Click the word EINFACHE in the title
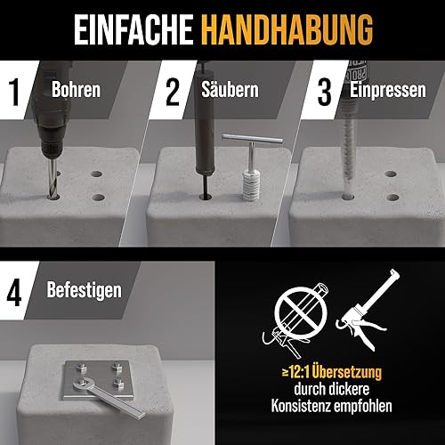coord(133,29)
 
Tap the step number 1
coord(13,92)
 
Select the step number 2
coord(173,92)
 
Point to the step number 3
coord(325,92)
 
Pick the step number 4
coord(14,293)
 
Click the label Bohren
coord(76,89)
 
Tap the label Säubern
coord(230,89)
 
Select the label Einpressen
coord(388,90)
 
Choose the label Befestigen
coord(85,290)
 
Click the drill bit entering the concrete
coord(53,179)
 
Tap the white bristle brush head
coord(251,185)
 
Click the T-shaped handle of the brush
coord(252,139)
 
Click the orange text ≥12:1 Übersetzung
coord(332,372)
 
